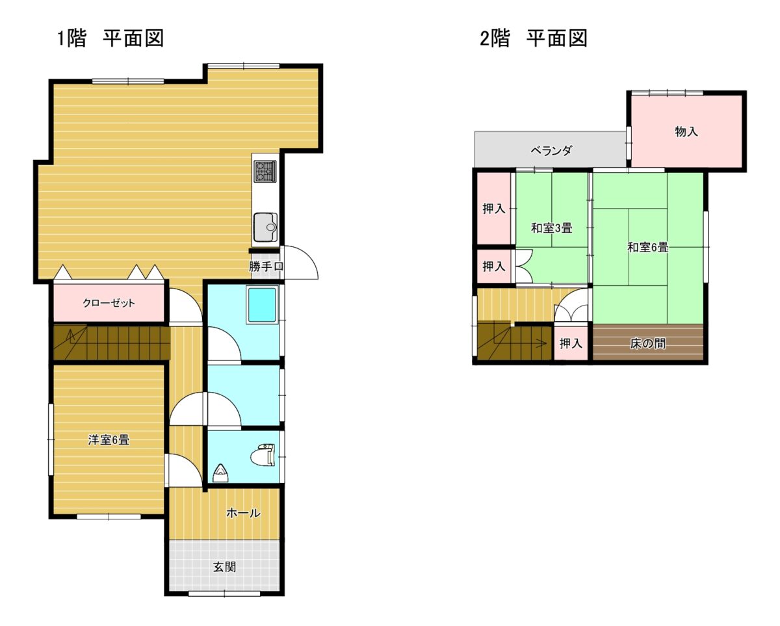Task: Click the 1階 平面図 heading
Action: point(110,38)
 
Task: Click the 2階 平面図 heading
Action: point(534,38)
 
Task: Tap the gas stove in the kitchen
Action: point(265,171)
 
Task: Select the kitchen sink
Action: point(265,228)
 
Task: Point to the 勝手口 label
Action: point(266,267)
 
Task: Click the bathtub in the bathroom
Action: point(262,304)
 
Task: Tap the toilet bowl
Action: point(263,455)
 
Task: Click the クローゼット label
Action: point(109,303)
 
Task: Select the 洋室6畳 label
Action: point(109,440)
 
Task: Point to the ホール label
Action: point(243,513)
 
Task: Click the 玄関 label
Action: point(224,567)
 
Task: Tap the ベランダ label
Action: point(551,150)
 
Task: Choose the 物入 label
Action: point(686,131)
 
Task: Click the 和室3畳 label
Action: point(552,228)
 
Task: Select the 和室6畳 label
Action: point(647,247)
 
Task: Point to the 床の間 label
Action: point(647,343)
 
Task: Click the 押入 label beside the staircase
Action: point(571,343)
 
